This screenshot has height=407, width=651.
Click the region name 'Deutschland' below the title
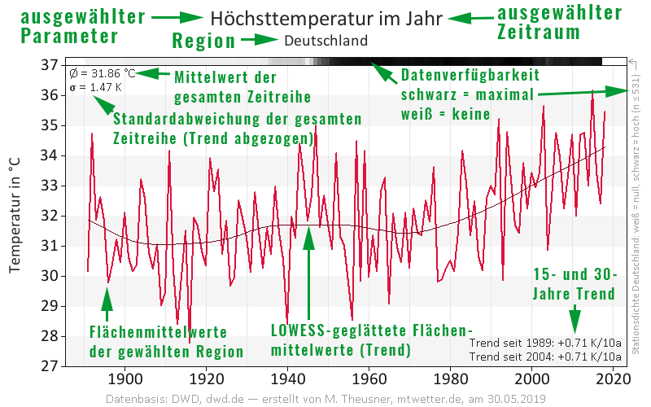326,40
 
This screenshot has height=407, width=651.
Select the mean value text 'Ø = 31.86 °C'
102,72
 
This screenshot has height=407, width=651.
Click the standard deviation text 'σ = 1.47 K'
95,86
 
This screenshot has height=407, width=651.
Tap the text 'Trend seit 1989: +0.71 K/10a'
545,343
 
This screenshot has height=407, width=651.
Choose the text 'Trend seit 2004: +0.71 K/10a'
545,357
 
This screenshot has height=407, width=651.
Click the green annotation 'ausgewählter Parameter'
72,25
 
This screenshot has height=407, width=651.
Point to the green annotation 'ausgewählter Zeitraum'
559,22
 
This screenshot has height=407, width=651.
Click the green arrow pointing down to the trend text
575,317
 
